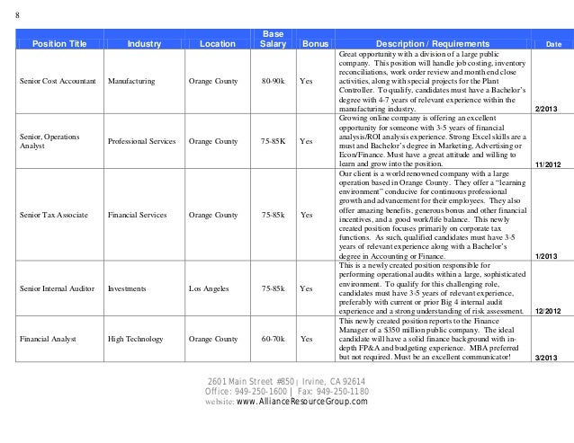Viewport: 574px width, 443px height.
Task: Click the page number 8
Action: coord(19,13)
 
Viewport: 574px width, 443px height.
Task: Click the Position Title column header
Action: coord(59,42)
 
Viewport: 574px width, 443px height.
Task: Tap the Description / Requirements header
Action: coord(433,42)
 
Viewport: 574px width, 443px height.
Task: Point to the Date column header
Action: coord(552,43)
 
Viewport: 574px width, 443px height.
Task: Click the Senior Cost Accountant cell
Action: coord(56,82)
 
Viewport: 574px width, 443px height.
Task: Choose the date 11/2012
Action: coord(547,165)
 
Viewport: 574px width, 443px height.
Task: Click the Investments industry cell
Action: coord(126,289)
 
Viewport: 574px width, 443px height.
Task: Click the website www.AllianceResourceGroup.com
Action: coord(302,402)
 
